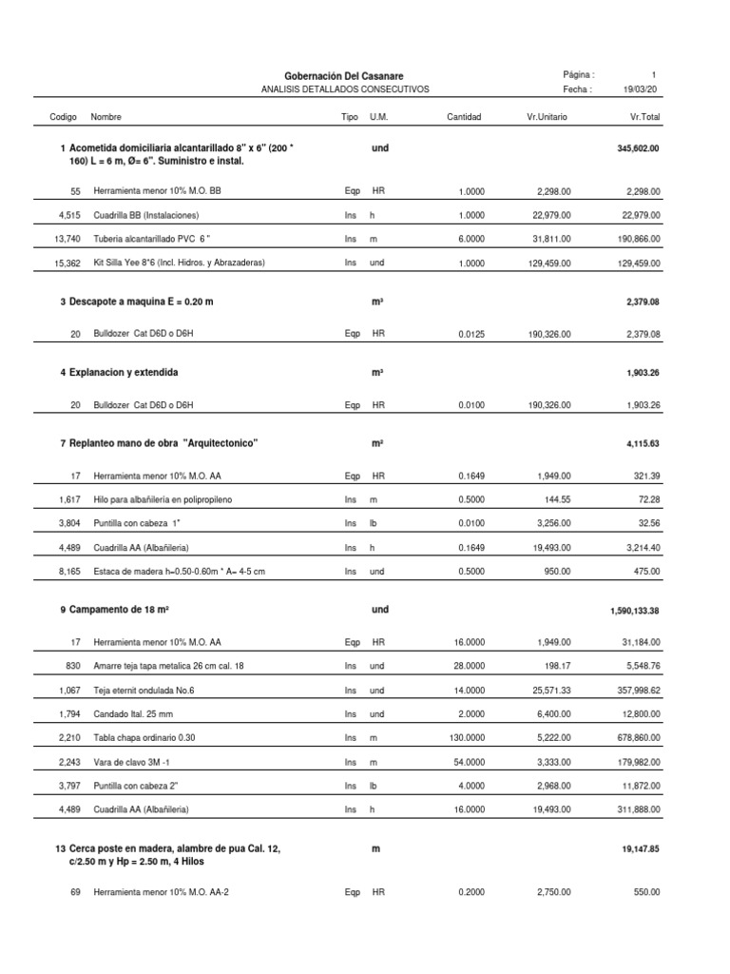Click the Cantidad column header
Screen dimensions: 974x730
pos(464,117)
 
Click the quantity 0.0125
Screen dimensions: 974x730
pos(471,334)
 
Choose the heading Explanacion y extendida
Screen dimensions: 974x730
pos(124,372)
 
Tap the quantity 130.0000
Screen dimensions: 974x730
pos(467,737)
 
